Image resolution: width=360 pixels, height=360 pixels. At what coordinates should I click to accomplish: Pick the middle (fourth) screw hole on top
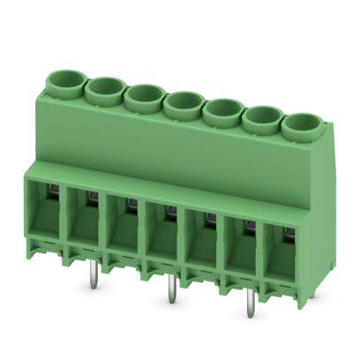pyautogui.click(x=182, y=101)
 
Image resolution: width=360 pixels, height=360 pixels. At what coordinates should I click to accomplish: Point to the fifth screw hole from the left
pyautogui.click(x=221, y=109)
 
